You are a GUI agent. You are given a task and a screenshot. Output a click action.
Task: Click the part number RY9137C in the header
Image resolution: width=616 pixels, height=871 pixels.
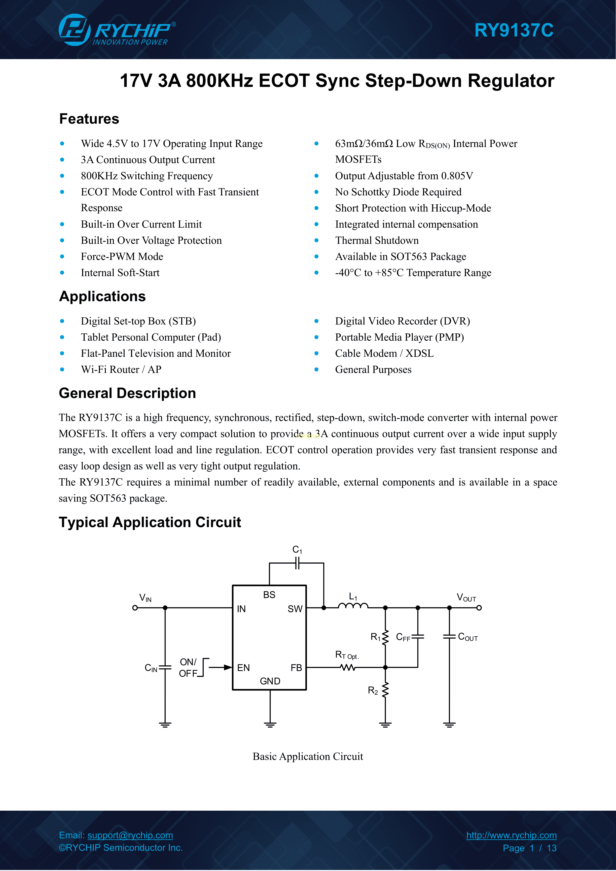(x=514, y=30)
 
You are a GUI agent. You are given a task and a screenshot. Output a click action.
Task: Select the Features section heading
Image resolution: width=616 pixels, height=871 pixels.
(x=89, y=119)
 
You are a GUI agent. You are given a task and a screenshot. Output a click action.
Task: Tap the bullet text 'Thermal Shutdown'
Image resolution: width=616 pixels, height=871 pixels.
(x=377, y=241)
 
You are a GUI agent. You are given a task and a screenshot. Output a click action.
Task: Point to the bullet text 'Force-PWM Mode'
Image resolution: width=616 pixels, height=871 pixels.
(x=122, y=257)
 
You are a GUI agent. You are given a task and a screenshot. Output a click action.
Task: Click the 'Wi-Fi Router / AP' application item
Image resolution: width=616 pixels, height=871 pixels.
(x=121, y=369)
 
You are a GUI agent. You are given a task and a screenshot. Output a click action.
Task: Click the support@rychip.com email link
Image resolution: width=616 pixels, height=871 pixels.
(x=130, y=835)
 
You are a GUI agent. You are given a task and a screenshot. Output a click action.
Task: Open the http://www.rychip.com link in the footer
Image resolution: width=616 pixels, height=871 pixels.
(x=511, y=835)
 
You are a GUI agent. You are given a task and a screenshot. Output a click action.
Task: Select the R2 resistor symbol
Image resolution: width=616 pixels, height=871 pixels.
(x=385, y=690)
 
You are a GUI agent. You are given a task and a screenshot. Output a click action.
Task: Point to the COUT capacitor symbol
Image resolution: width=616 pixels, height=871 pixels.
(x=449, y=637)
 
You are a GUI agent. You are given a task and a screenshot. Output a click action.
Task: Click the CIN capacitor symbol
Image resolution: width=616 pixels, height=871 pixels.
(x=165, y=668)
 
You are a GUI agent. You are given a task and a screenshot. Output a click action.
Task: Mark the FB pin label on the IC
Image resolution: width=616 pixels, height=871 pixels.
(x=296, y=668)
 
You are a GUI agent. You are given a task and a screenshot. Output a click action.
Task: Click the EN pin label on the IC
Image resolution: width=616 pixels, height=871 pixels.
(x=244, y=668)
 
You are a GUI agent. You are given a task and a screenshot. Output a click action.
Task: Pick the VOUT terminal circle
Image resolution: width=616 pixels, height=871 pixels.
(x=479, y=608)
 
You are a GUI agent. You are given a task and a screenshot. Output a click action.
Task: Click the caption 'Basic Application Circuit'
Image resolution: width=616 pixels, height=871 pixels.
(x=308, y=757)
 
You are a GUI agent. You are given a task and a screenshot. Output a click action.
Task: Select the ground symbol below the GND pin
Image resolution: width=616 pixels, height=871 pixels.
(x=270, y=725)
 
